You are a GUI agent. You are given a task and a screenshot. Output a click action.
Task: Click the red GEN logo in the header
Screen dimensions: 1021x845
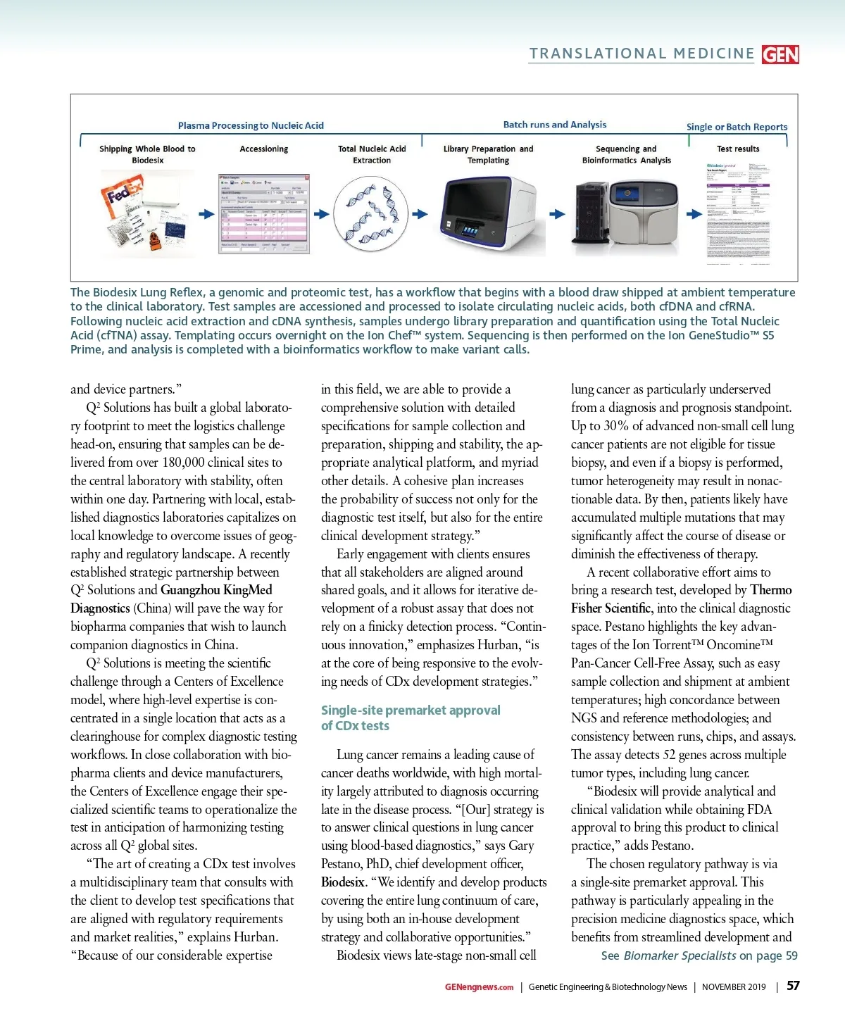tap(780, 54)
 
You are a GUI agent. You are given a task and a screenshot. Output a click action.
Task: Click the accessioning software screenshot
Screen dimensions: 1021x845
tap(263, 214)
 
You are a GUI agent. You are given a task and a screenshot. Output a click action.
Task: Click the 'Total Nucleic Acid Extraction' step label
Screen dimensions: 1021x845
tap(372, 154)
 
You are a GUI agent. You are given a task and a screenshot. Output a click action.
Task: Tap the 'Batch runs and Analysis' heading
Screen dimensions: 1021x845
tap(554, 125)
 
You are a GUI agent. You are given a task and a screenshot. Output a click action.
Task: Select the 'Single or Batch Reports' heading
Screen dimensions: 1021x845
tap(737, 127)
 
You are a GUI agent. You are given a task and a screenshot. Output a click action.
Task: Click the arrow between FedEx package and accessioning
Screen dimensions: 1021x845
tap(206, 214)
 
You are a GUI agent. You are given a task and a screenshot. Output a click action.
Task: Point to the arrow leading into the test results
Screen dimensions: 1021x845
tap(694, 214)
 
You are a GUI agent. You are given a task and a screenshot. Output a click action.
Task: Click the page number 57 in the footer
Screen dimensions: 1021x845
tap(793, 986)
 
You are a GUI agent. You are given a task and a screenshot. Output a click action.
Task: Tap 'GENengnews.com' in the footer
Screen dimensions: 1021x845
tap(479, 987)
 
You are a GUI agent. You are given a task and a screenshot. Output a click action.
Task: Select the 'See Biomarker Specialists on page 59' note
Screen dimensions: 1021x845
tap(699, 956)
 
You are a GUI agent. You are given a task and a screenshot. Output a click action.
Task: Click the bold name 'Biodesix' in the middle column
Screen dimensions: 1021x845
tap(342, 882)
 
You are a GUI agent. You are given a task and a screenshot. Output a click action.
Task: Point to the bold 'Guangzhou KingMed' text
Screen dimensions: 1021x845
tap(216, 590)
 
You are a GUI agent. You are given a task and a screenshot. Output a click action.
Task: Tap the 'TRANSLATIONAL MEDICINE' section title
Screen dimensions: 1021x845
tap(641, 54)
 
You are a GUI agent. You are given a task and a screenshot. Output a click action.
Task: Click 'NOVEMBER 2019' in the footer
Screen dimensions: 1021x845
tap(733, 987)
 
